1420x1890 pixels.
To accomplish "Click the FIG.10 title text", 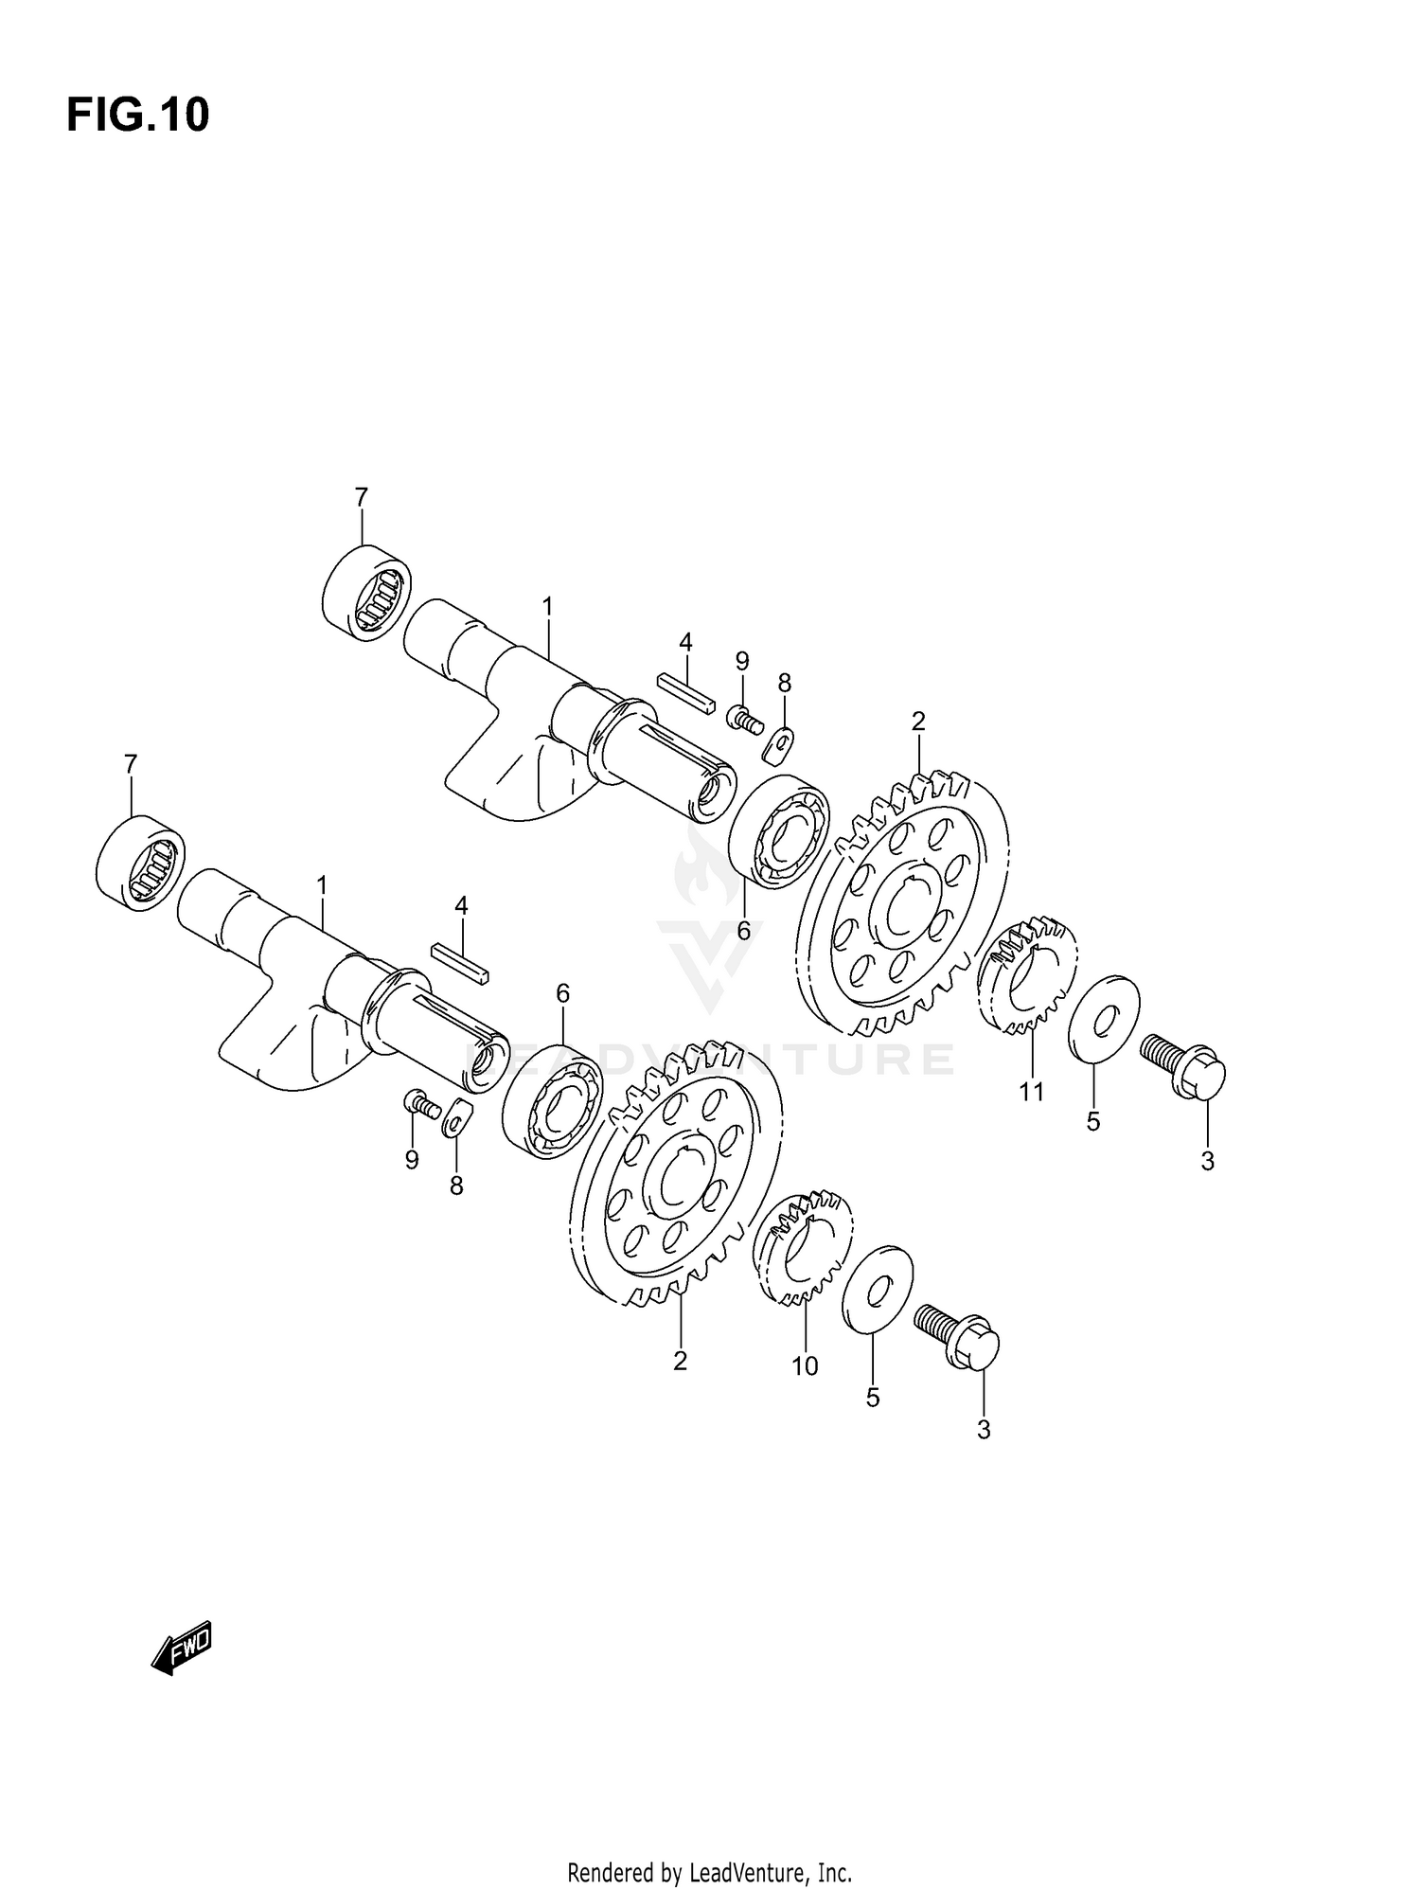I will [137, 116].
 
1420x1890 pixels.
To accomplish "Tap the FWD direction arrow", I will [182, 1649].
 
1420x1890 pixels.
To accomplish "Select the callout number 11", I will [1031, 1092].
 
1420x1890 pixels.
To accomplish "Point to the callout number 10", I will [805, 1366].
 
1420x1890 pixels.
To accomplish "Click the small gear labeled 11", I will [1026, 973].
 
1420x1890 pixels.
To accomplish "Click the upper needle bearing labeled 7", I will [367, 590].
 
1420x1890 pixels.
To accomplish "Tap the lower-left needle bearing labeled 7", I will [141, 862].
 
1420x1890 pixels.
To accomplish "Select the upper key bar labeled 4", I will [686, 693].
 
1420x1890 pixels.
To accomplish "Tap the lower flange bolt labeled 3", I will [958, 1334].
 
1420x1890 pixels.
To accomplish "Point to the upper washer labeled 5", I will [1104, 1021].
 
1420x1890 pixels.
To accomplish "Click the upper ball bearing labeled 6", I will [780, 831].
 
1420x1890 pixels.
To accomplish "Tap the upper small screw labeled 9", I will [745, 720].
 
